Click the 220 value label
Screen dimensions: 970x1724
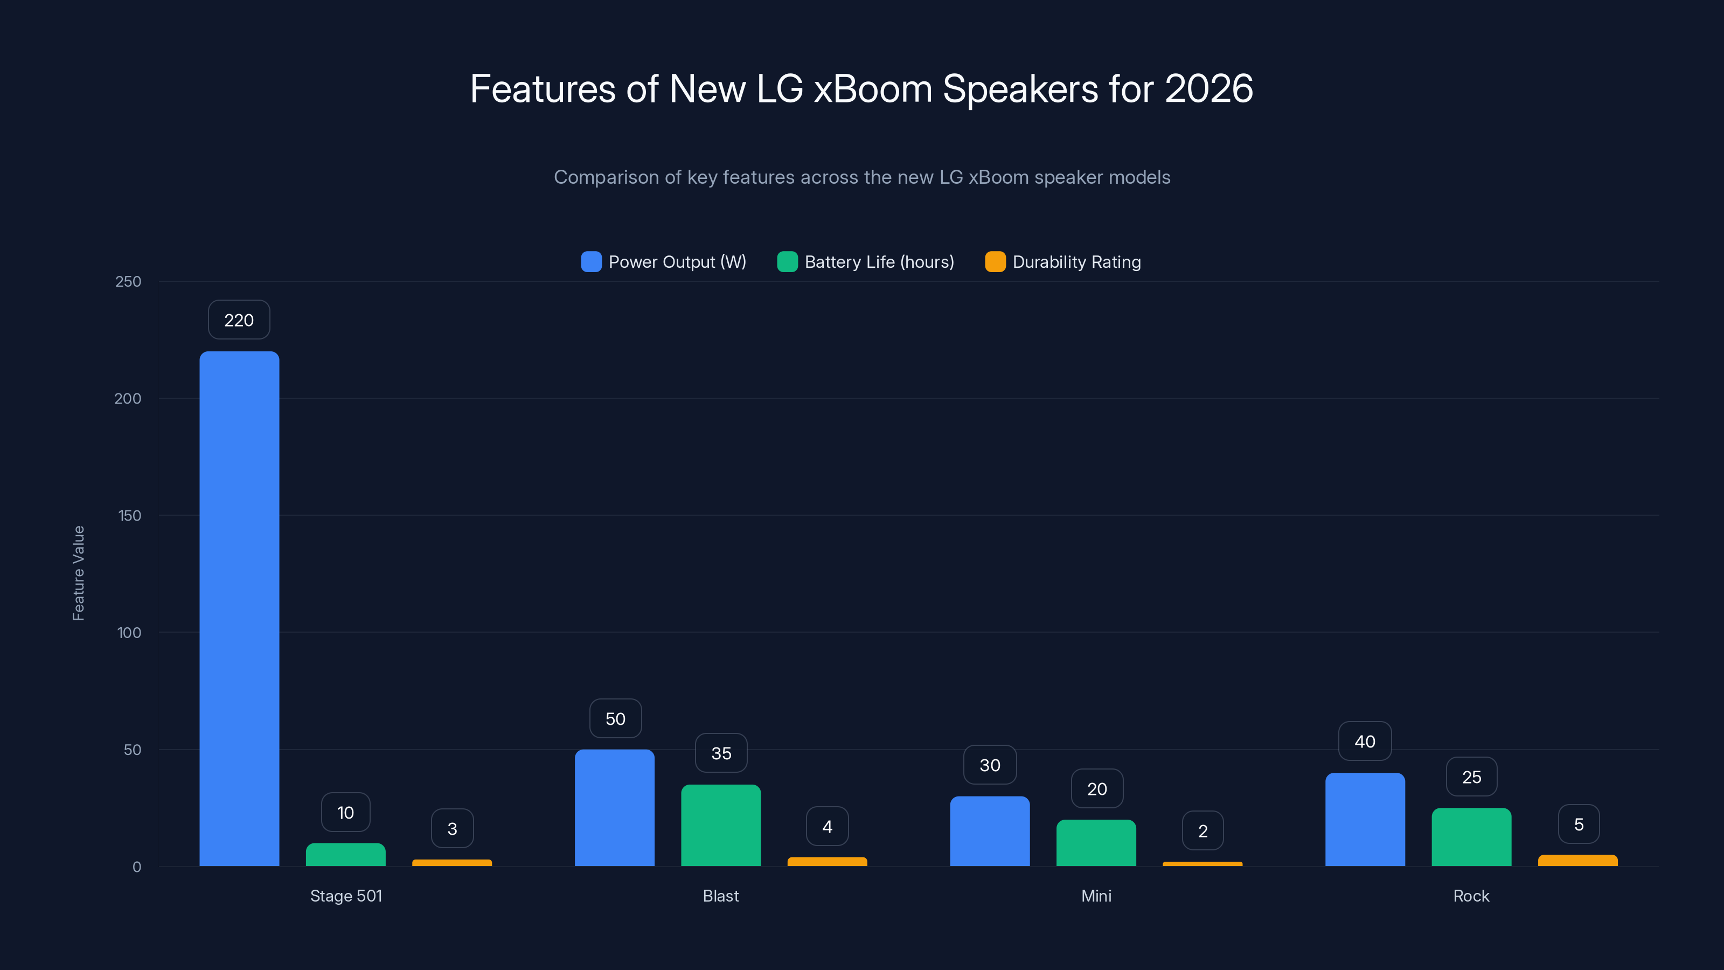click(239, 320)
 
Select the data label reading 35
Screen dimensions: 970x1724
click(721, 753)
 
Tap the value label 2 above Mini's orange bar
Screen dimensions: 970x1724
click(1202, 831)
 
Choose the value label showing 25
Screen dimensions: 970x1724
click(1471, 777)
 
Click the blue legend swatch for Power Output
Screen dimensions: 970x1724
click(591, 262)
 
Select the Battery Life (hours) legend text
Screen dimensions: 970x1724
click(879, 262)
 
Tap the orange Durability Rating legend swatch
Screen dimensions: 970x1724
click(995, 262)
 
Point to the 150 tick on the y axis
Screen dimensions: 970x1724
click(129, 516)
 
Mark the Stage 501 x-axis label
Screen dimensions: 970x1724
click(346, 896)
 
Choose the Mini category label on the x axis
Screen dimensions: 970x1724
click(1096, 896)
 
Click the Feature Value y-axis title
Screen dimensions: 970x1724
click(78, 573)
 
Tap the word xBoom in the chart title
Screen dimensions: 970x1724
click(873, 88)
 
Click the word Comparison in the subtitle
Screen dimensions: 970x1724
click(606, 177)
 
